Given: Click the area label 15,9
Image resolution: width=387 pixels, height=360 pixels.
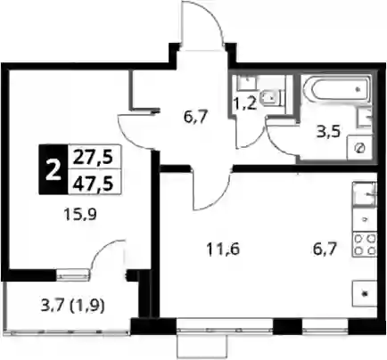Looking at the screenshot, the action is click(80, 214).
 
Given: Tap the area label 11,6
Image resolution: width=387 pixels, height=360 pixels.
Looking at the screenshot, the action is click(223, 250).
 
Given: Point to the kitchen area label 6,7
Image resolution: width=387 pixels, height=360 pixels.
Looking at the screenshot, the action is click(325, 249).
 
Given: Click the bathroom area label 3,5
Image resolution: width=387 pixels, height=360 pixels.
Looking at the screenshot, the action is click(328, 132).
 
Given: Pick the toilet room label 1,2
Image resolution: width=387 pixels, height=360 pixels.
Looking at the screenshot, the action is click(245, 104).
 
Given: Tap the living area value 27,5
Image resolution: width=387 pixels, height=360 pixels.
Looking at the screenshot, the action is click(93, 158).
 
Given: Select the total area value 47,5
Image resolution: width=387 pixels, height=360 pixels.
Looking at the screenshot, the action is click(93, 183).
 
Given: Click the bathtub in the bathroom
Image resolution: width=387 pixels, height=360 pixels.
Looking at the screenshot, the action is click(336, 89).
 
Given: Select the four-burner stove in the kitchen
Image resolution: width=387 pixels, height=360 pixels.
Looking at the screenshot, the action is click(365, 245).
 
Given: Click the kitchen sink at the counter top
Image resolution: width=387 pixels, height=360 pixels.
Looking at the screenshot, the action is click(365, 194).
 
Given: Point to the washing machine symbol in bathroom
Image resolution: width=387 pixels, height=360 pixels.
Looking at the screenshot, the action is click(359, 148).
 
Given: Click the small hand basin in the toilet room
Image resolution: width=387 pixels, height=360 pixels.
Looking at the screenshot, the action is click(247, 82).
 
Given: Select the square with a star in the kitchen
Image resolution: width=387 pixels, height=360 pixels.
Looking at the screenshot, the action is click(365, 293).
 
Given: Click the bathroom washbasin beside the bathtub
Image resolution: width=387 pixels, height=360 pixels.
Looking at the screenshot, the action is click(365, 119).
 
